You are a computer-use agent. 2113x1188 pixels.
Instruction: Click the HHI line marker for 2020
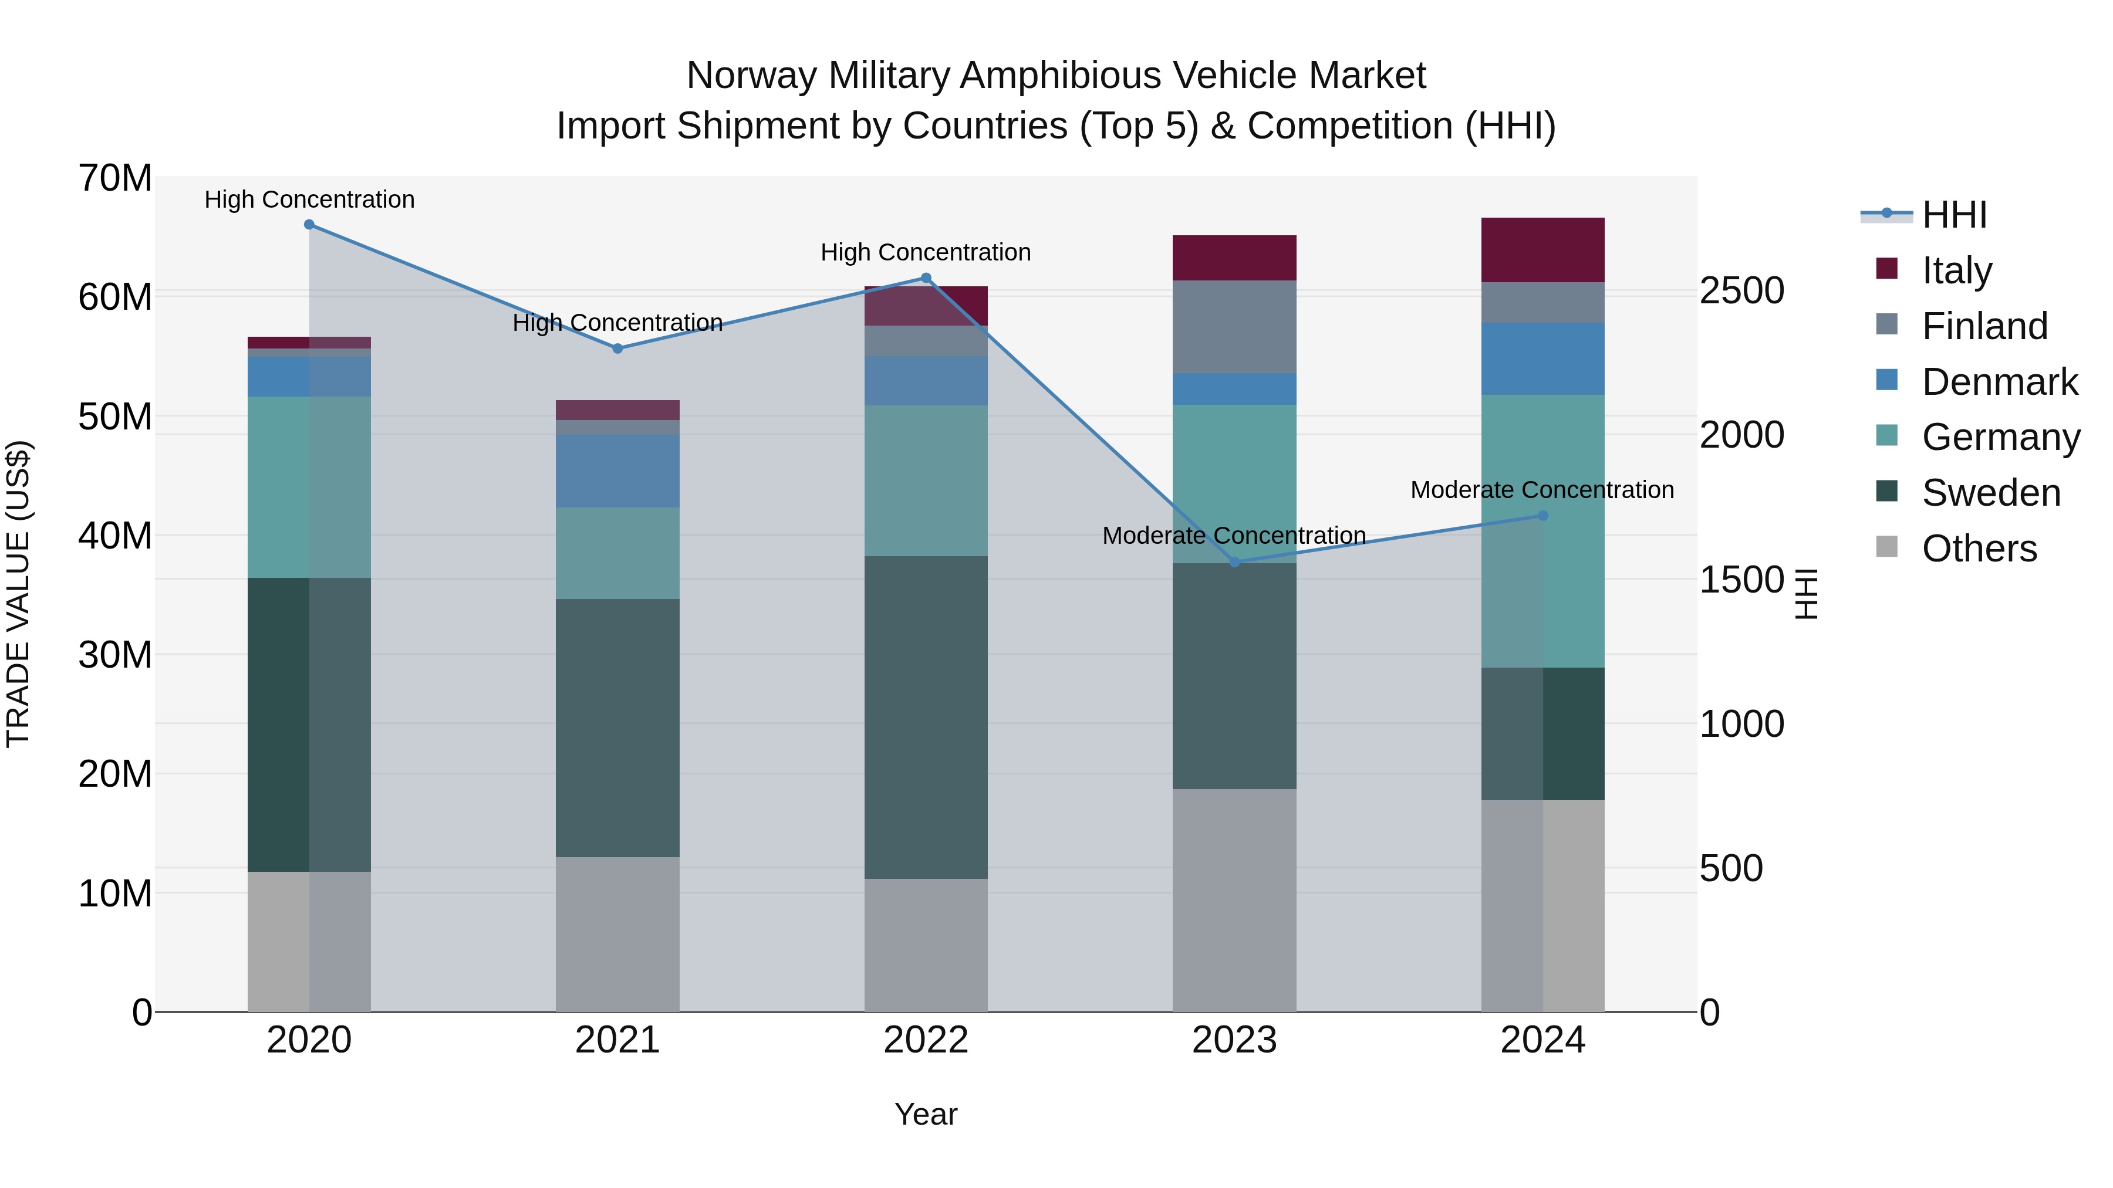(309, 225)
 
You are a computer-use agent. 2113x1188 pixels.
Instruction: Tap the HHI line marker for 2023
(1234, 563)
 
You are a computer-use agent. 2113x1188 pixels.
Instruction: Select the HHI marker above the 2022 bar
(926, 278)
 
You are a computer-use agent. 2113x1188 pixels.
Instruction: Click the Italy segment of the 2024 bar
(1542, 250)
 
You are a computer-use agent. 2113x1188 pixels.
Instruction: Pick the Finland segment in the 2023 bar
(1234, 327)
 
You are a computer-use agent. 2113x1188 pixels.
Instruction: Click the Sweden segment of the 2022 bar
(926, 717)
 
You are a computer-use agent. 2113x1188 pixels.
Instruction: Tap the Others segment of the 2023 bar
(1234, 900)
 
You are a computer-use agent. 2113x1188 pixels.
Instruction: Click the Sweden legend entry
(1991, 493)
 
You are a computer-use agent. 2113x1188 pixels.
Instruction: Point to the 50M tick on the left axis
(115, 417)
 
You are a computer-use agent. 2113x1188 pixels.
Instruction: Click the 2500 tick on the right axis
(1741, 290)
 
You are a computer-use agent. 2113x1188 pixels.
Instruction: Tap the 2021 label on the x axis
(617, 1040)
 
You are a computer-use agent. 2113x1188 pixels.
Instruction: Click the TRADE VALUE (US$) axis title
(18, 594)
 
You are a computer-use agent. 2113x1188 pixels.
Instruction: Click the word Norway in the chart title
(752, 76)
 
